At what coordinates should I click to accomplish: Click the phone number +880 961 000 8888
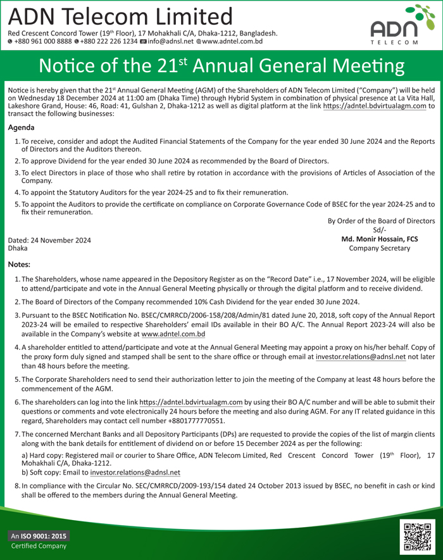tap(39, 42)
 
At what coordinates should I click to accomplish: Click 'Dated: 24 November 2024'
tap(49, 240)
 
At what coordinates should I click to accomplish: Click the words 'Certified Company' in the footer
tap(35, 547)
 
